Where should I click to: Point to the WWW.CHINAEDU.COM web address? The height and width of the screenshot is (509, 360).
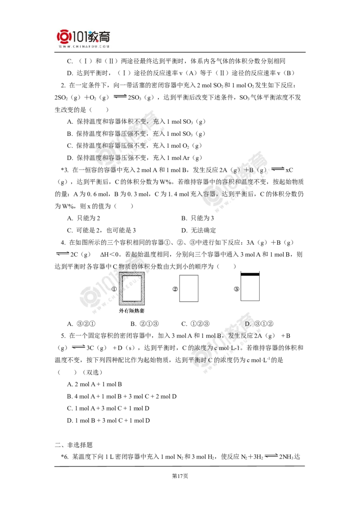(x=84, y=46)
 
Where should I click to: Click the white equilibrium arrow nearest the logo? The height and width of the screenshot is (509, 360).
(x=120, y=96)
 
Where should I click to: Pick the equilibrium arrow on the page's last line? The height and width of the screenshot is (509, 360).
(x=271, y=455)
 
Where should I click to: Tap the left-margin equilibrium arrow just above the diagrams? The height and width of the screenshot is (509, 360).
(x=63, y=254)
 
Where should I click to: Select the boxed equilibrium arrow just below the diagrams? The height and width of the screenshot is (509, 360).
(x=77, y=347)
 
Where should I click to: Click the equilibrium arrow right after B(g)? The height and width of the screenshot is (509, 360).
(x=279, y=169)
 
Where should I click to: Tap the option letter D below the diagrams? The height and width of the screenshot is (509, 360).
(x=247, y=324)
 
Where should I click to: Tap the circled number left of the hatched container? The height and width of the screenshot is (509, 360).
(x=114, y=288)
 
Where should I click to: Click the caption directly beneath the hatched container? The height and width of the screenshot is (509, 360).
(x=132, y=311)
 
